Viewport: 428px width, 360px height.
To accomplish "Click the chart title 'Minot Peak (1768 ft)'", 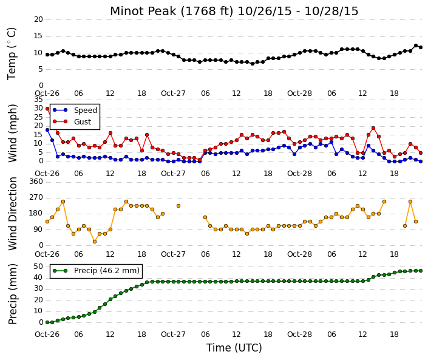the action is [172, 12].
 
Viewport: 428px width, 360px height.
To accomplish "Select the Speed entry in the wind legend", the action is [75, 110].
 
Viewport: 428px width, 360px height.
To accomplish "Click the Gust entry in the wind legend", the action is [72, 122].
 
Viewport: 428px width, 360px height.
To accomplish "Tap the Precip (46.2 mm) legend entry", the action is [96, 271].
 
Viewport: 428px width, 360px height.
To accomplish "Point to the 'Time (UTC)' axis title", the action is [234, 348].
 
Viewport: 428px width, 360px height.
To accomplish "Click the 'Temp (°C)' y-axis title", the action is [12, 54].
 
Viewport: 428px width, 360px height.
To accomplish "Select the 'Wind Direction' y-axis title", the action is [13, 214].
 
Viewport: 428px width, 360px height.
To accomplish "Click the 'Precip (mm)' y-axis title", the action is [13, 294].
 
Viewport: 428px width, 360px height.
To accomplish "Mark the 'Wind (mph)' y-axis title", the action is [13, 133].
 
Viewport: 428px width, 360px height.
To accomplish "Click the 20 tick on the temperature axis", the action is [38, 19].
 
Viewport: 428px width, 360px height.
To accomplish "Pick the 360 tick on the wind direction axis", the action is [36, 182].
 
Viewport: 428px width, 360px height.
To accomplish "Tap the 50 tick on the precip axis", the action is [38, 267].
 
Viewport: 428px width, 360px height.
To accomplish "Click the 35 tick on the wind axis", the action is [38, 100].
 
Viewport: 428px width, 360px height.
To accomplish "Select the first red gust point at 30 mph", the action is [47, 109].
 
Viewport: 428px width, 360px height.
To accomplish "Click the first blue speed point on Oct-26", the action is [47, 130].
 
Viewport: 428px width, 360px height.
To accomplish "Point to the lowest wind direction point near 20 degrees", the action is [95, 242].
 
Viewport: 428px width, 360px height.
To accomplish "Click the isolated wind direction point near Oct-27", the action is [178, 206].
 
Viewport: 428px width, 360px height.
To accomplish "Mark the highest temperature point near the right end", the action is [416, 46].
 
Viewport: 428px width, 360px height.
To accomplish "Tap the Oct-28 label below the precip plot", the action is [299, 335].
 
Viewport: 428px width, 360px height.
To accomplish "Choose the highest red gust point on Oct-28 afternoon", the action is [373, 128].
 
